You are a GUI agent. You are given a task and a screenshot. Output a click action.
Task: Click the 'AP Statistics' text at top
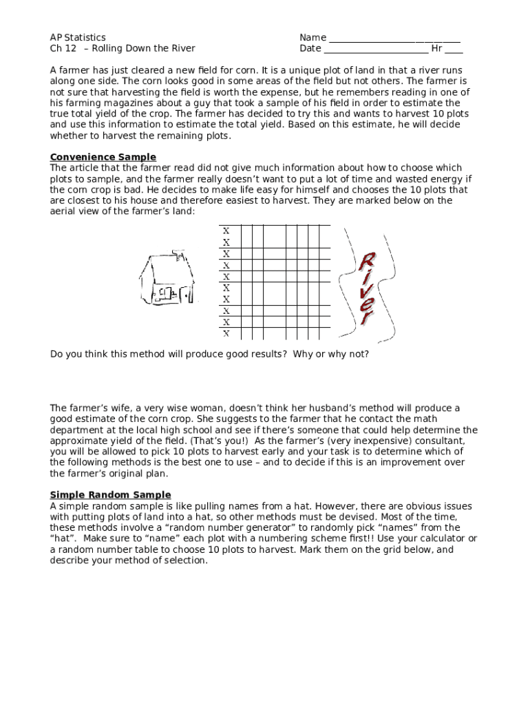(78, 37)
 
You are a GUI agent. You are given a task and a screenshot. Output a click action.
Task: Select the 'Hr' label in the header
(436, 48)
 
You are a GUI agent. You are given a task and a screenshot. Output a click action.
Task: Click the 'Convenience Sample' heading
(103, 157)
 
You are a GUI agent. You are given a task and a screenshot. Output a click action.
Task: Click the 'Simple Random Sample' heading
(111, 495)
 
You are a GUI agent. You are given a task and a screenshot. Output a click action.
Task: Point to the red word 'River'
(367, 288)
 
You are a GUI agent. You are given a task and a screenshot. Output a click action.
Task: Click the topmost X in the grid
(226, 231)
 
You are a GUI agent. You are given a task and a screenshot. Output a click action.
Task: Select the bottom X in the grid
(226, 334)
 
